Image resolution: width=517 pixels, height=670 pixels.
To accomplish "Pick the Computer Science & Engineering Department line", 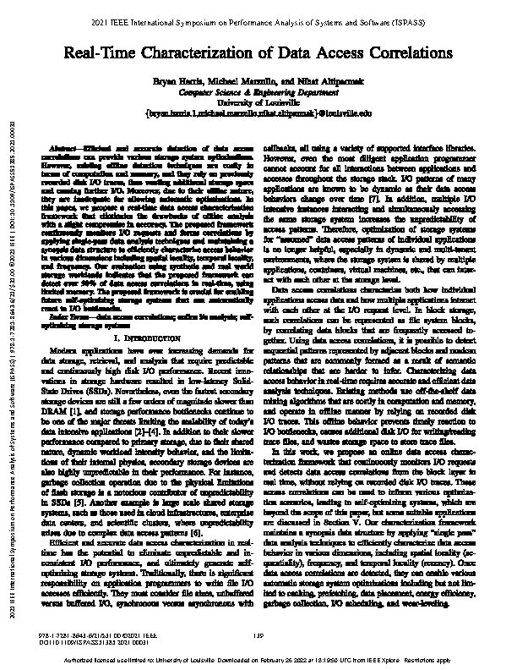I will pos(258,94).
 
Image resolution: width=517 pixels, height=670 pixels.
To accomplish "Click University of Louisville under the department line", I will pos(258,102).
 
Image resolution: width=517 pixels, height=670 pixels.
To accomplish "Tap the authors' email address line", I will pos(258,112).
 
